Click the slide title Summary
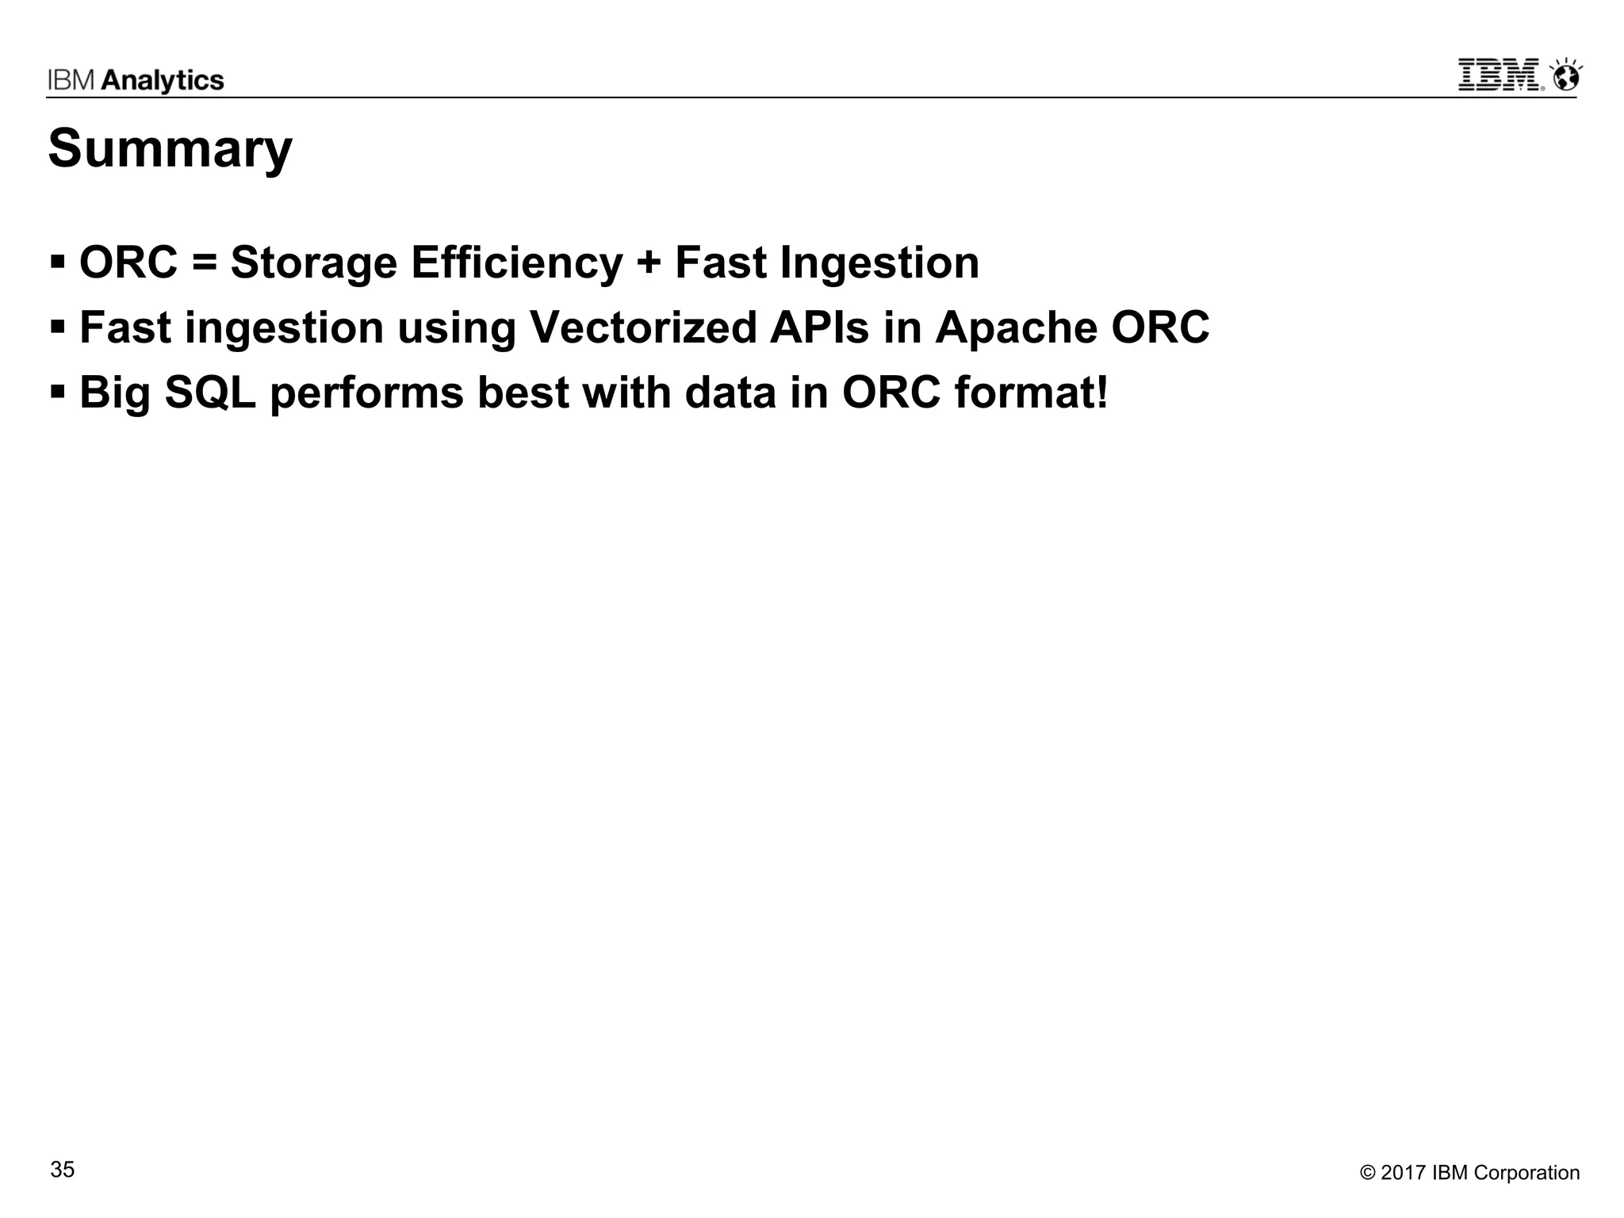170,149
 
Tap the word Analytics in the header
163,80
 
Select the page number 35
63,1170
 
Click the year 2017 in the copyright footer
1404,1173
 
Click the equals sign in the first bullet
204,263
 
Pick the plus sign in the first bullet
648,263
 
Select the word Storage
313,263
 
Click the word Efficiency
516,263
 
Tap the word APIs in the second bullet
819,327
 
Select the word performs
366,394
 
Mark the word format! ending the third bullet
1031,393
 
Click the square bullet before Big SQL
57,391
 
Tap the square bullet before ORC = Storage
57,262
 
